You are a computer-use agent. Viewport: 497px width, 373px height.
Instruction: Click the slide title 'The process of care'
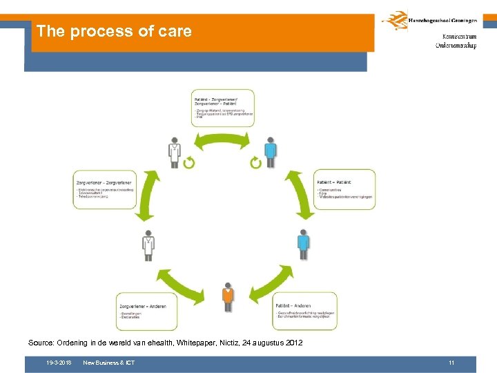point(114,31)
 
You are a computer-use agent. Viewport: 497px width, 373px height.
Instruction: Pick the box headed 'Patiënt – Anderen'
point(304,311)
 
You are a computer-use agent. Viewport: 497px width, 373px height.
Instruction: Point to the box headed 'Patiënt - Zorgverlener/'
point(222,107)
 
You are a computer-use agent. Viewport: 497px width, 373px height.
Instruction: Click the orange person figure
point(228,297)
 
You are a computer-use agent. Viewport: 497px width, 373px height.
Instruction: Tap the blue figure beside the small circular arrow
point(271,152)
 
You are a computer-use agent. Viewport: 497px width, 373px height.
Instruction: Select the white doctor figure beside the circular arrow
point(175,152)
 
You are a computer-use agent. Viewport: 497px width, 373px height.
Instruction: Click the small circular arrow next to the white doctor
point(189,162)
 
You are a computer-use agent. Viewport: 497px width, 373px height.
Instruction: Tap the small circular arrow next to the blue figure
point(255,162)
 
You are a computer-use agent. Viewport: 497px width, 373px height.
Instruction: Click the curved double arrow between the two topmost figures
point(222,142)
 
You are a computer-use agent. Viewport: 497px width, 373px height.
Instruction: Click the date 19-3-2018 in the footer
point(59,363)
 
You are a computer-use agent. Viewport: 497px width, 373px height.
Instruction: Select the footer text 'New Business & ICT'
point(108,363)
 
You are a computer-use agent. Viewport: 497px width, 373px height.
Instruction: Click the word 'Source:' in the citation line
point(42,343)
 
